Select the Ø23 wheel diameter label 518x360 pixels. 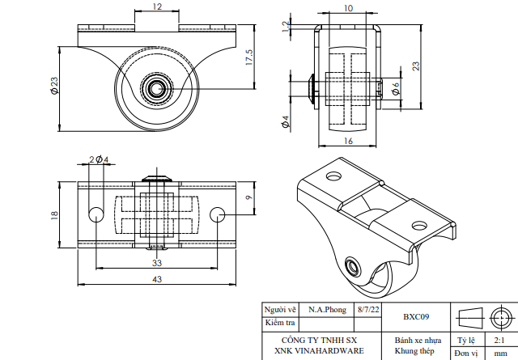click(x=53, y=86)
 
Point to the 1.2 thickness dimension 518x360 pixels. click(x=285, y=26)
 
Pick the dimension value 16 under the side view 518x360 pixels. click(x=348, y=141)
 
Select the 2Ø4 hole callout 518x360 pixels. click(x=98, y=160)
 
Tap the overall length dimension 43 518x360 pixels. click(x=156, y=279)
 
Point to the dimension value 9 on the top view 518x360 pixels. click(x=248, y=197)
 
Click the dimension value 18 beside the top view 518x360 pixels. click(x=53, y=214)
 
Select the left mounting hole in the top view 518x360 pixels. click(x=96, y=214)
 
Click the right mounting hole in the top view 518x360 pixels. click(x=217, y=214)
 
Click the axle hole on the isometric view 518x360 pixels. click(x=352, y=266)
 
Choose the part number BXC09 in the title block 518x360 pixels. click(x=415, y=316)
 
